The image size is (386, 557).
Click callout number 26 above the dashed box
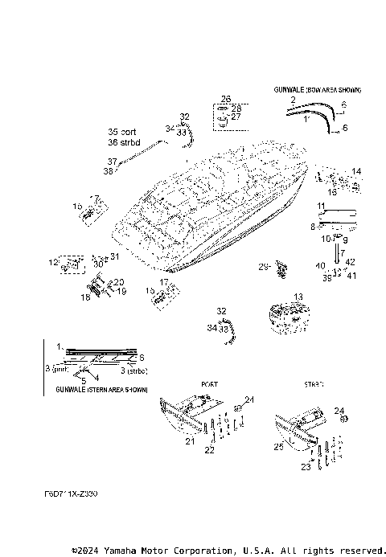225,99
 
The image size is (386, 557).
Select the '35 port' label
123,132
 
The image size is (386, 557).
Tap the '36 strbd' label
125,142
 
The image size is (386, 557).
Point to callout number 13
298,297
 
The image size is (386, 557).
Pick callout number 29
262,266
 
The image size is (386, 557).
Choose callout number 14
356,171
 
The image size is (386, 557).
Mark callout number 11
320,207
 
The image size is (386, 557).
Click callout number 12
53,262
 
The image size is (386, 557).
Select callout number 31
114,256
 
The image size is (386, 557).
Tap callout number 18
84,297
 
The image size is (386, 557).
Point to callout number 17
163,282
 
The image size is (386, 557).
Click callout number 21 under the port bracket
190,442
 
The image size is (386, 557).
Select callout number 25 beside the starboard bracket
278,446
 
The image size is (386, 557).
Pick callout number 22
210,451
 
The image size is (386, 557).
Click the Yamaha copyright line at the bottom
228,550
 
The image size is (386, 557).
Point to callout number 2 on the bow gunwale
294,100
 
